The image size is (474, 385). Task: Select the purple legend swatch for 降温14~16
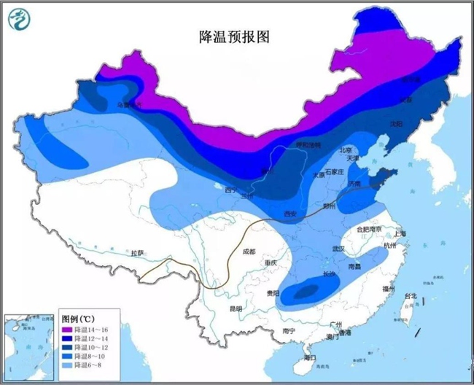[x=67, y=330]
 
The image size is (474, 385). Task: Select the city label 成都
[x=248, y=252]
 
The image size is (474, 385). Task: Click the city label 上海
[x=399, y=233]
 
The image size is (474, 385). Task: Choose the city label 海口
[x=309, y=357]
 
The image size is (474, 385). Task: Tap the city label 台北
[x=411, y=296]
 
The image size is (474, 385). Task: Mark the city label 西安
[x=290, y=214]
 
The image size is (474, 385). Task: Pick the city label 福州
[x=389, y=289]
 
